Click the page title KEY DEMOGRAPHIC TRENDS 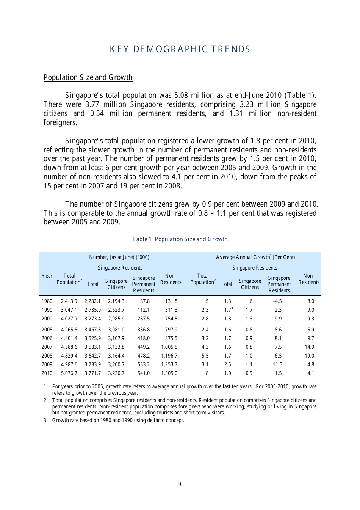(180, 49)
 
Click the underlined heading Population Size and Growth (88, 77)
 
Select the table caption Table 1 (180, 239)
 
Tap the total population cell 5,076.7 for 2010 (69, 373)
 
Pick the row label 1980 (47, 301)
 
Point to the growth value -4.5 (277, 301)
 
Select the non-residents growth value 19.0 (309, 356)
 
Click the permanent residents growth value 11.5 (277, 364)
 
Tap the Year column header (47, 276)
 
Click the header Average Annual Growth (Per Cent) (255, 257)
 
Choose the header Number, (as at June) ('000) (119, 257)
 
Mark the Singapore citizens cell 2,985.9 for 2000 (116, 319)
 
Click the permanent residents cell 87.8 (145, 301)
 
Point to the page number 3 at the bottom (180, 484)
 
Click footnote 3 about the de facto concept (118, 420)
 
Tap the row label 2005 (47, 330)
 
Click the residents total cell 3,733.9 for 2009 (92, 364)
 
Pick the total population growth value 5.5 (205, 356)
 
